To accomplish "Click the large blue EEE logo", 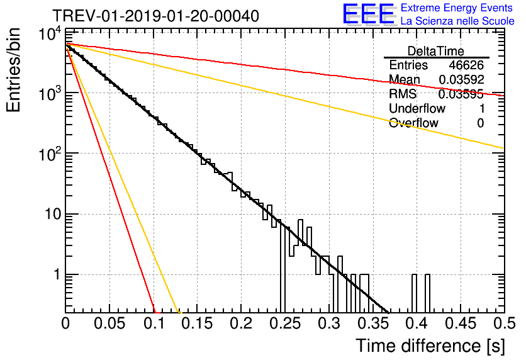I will coord(368,14).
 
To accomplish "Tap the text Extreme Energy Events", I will coord(457,8).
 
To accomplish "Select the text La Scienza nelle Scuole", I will coord(457,21).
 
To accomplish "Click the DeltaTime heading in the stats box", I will coord(436,51).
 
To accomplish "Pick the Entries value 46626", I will coord(466,65).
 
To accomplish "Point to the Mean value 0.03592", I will coord(461,79).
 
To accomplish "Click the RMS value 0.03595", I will coord(461,94).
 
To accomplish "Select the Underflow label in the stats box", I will coord(417,109).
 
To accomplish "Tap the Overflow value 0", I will coord(480,123).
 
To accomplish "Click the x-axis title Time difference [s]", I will coord(429,345).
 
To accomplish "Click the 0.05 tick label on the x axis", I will coord(109,323).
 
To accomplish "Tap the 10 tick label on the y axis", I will coord(49,215).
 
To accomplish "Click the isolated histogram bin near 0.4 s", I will coord(415,293).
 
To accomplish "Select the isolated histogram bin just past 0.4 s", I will coord(428,293).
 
